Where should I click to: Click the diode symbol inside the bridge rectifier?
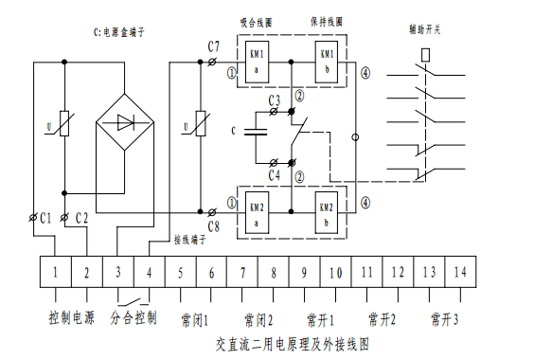[125, 121]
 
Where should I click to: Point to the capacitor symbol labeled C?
[256, 133]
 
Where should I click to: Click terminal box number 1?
[56, 273]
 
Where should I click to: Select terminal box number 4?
[149, 273]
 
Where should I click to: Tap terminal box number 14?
[459, 273]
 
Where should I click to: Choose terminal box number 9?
[304, 273]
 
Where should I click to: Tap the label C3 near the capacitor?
[274, 100]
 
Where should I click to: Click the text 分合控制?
[134, 316]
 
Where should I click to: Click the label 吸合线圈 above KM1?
[258, 21]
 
